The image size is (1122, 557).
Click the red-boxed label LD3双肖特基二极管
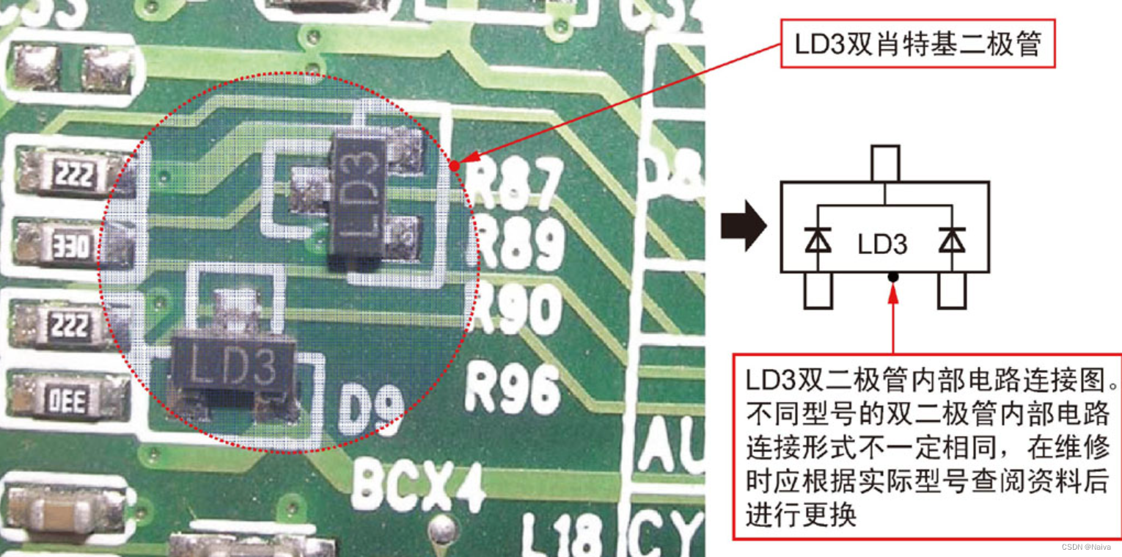pyautogui.click(x=917, y=44)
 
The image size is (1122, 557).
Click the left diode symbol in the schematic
pyautogui.click(x=818, y=240)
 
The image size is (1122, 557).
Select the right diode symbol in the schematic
pyautogui.click(x=952, y=240)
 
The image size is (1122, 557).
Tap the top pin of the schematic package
pyautogui.click(x=885, y=162)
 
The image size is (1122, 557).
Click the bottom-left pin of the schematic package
pyautogui.click(x=818, y=291)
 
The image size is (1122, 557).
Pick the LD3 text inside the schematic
pyautogui.click(x=882, y=244)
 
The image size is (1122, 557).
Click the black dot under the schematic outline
pyautogui.click(x=893, y=277)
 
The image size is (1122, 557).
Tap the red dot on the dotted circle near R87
pyautogui.click(x=455, y=166)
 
